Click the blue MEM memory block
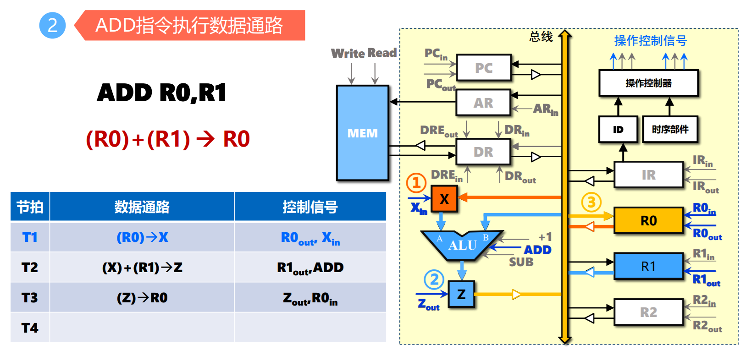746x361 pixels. tap(362, 133)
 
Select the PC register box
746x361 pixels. tap(483, 68)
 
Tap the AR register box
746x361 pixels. tap(483, 103)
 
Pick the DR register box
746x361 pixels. tap(483, 152)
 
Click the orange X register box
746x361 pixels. tap(444, 199)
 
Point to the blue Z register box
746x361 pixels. tap(461, 294)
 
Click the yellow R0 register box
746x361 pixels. tap(648, 221)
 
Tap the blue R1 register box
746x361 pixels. tap(648, 266)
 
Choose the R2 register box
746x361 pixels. tap(648, 312)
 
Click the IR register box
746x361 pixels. tap(648, 175)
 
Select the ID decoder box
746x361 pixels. tap(618, 129)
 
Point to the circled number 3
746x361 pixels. tap(591, 202)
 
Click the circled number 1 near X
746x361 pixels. tap(416, 183)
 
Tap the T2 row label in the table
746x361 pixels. tap(30, 267)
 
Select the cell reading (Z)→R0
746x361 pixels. tap(142, 298)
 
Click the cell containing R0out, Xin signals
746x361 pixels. tap(310, 238)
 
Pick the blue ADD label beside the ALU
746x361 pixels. tap(537, 250)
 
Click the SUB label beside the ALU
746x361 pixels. tap(521, 262)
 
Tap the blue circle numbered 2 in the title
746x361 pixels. tap(52, 25)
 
